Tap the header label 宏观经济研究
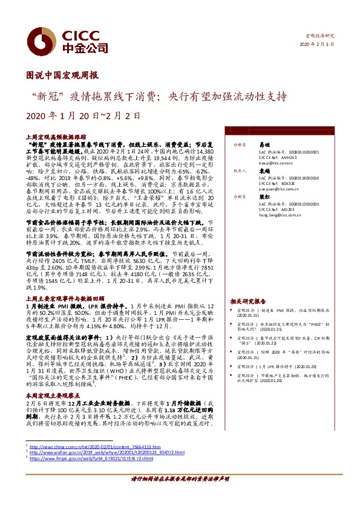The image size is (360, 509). [x=321, y=36]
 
